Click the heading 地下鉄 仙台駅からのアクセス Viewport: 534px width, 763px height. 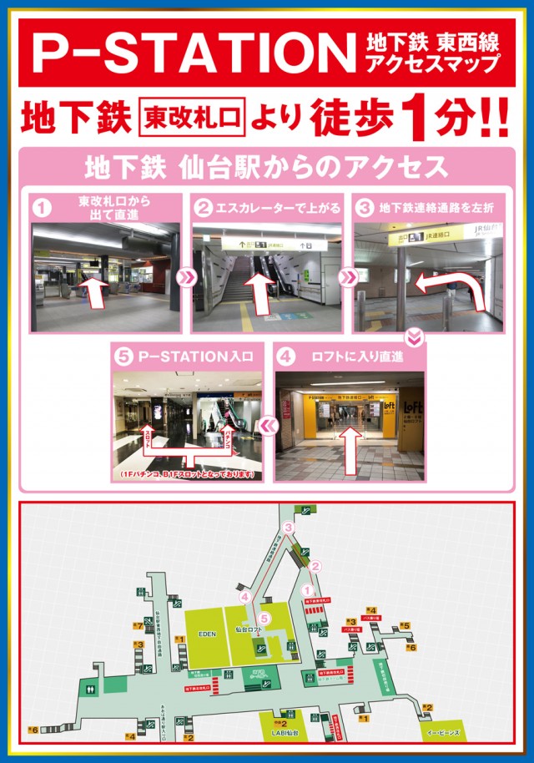(x=266, y=167)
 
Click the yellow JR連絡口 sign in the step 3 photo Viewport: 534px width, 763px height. (x=426, y=236)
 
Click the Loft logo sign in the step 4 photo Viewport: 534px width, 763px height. (x=411, y=408)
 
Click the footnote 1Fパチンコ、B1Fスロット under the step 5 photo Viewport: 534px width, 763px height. (x=187, y=474)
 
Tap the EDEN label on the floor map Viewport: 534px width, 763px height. (x=207, y=634)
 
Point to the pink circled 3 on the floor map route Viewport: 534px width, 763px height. (x=289, y=527)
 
